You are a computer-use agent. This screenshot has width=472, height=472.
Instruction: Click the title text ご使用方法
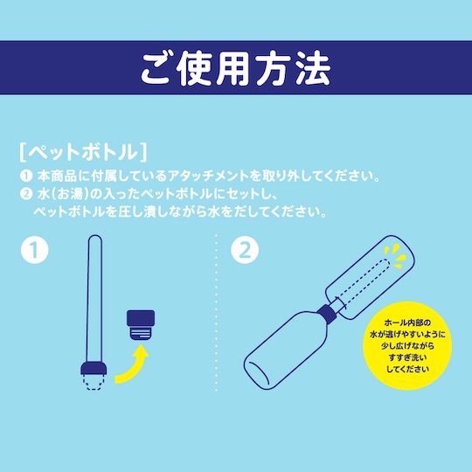click(x=236, y=69)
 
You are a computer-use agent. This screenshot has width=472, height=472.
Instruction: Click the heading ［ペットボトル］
click(x=83, y=152)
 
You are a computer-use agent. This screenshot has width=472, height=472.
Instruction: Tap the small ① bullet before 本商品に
click(x=26, y=177)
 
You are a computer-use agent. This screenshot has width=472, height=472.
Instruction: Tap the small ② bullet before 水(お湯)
click(x=26, y=194)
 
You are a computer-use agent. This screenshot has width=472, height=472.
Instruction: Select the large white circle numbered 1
click(x=35, y=250)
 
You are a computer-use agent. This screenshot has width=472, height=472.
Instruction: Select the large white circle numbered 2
click(x=245, y=250)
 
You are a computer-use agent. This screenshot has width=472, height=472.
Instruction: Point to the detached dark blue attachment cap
click(x=141, y=325)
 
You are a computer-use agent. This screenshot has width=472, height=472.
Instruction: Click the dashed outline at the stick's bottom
click(x=94, y=383)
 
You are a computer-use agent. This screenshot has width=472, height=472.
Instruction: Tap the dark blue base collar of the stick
click(x=94, y=369)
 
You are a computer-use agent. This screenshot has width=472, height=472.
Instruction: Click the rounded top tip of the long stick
click(x=95, y=238)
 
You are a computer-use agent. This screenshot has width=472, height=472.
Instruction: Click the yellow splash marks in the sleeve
click(x=396, y=256)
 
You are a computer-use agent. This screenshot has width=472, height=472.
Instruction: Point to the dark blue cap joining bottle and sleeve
click(x=328, y=316)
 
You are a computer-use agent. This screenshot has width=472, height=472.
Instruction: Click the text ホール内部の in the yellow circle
click(x=407, y=323)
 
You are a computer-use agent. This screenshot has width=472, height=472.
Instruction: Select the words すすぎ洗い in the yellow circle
click(x=407, y=357)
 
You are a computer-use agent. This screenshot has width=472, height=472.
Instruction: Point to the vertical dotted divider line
click(x=216, y=313)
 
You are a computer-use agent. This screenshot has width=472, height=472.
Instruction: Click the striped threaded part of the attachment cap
click(x=141, y=334)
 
